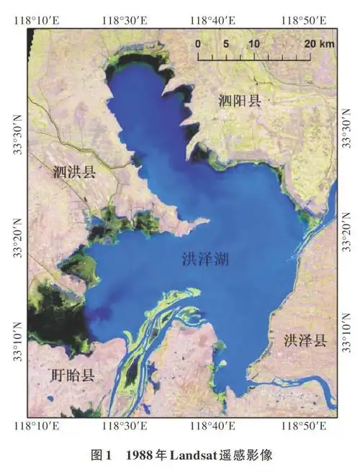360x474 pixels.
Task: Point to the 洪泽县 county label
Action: [305, 340]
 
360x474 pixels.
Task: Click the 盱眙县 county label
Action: [73, 375]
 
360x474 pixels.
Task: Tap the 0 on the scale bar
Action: [198, 43]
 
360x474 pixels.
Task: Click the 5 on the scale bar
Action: [226, 43]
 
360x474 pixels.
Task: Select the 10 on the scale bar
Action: [253, 43]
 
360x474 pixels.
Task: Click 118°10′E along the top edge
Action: [34, 19]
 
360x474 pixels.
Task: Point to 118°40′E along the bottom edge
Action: [213, 427]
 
